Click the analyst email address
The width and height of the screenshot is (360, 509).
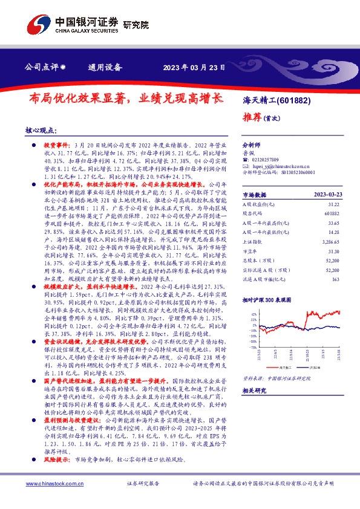[277, 165]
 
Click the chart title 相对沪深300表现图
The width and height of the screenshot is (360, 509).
[267, 299]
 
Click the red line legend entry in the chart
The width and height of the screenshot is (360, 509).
[283, 368]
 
